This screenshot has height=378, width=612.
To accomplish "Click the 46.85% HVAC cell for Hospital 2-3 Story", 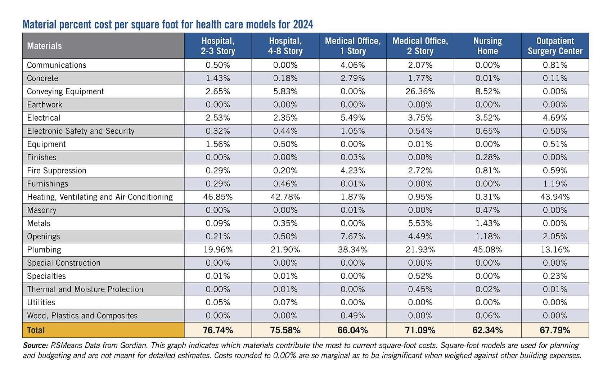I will [x=218, y=197].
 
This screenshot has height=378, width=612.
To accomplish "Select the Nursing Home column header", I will [x=487, y=46].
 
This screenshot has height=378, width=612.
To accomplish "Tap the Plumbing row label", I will [x=44, y=250].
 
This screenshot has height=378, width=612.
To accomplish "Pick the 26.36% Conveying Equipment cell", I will [x=420, y=91].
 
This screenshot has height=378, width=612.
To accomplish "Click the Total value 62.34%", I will [x=487, y=330].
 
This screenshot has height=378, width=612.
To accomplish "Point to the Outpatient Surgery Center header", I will [x=555, y=46].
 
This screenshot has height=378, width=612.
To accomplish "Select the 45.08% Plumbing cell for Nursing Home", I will [x=487, y=250].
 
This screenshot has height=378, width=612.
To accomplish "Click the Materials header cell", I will [x=44, y=46].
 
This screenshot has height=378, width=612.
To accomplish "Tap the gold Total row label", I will [x=36, y=330].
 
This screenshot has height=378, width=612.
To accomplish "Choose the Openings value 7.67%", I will [x=352, y=237].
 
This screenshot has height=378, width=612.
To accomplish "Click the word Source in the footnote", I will [x=35, y=346].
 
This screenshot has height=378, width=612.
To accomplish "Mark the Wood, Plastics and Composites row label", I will [x=82, y=316].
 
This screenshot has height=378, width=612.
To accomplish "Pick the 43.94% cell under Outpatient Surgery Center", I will [x=555, y=197].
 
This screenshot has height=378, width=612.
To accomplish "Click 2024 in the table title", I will [x=303, y=24].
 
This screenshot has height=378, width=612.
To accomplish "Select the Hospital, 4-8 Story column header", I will [x=285, y=46].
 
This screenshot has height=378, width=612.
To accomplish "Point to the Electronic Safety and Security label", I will [x=81, y=131].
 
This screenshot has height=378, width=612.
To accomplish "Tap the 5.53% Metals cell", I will [x=420, y=223].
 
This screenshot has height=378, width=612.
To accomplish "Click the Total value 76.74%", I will [x=218, y=330].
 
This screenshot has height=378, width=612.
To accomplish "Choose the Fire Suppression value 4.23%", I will [x=352, y=171].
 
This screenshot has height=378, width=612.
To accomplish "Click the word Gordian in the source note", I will [x=133, y=346].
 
